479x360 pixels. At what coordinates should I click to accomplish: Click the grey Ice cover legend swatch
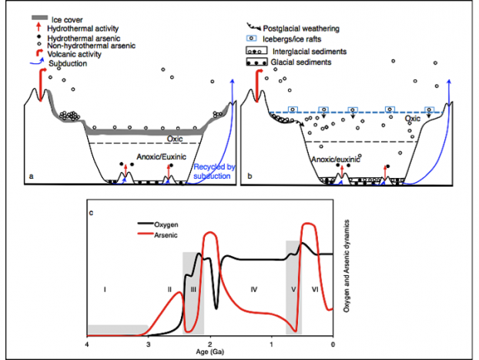click(39, 18)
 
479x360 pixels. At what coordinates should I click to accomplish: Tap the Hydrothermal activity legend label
click(83, 29)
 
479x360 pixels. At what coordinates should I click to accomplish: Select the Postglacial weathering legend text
click(301, 29)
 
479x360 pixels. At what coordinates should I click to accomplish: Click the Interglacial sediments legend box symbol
click(256, 51)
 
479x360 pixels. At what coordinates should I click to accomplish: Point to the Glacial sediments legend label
click(301, 62)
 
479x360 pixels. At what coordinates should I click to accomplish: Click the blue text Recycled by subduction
click(214, 171)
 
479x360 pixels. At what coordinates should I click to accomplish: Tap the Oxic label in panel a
click(175, 139)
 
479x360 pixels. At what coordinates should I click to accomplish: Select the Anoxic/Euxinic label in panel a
click(161, 157)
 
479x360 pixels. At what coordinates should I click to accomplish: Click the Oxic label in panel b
click(413, 119)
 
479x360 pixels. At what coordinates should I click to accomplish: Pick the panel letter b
click(250, 177)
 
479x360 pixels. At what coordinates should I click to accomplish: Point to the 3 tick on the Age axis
click(149, 345)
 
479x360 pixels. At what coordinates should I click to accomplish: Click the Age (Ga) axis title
click(210, 352)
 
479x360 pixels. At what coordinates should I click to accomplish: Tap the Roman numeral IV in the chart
click(254, 289)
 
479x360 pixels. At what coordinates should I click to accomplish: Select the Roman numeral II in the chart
click(170, 289)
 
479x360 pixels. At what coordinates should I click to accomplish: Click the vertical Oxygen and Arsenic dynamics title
click(346, 266)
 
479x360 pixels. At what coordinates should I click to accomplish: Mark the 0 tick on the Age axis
click(333, 345)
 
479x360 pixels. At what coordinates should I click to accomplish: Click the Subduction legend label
click(68, 64)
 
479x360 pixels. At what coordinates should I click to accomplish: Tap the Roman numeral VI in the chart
click(315, 289)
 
